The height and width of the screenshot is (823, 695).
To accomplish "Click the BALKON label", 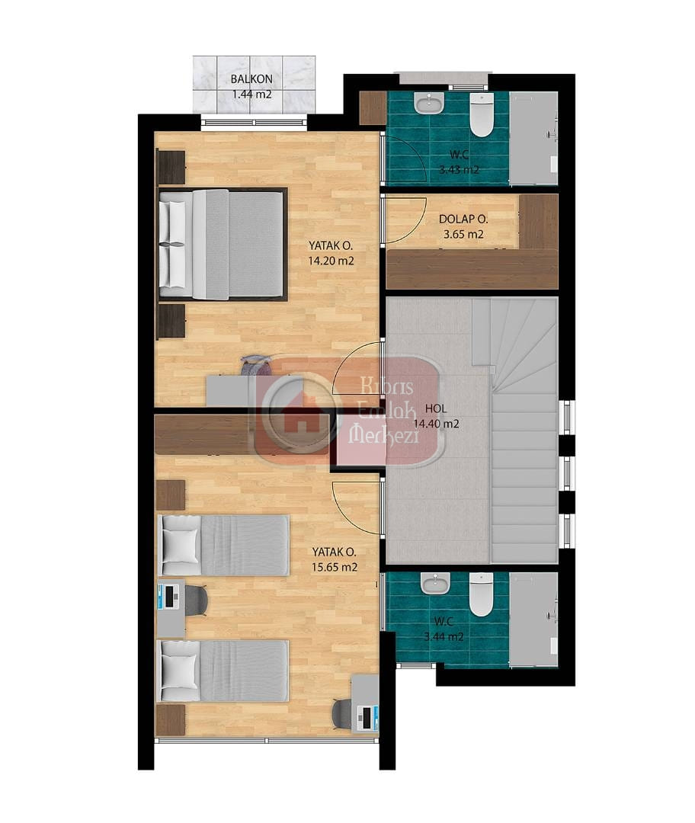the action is (251, 79).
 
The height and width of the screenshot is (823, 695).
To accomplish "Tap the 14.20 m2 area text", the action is (331, 261).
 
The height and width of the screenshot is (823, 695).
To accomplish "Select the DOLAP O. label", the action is (463, 219).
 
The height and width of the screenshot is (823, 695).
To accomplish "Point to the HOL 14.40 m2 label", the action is (436, 416).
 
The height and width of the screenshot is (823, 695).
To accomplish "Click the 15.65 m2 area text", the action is (335, 568).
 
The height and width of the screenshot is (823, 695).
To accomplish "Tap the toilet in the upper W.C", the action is (482, 115).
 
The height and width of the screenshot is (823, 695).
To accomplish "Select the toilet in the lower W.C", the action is (481, 594).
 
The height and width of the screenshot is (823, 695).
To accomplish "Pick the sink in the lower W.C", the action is (436, 582).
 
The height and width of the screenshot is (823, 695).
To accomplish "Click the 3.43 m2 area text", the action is (459, 170).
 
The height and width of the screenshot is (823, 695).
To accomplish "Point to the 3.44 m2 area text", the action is (444, 637).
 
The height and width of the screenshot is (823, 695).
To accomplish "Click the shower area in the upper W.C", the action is (533, 139).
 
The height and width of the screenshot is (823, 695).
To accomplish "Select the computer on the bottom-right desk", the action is (367, 718).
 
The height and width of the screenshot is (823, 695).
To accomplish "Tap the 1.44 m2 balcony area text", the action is (252, 95).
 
